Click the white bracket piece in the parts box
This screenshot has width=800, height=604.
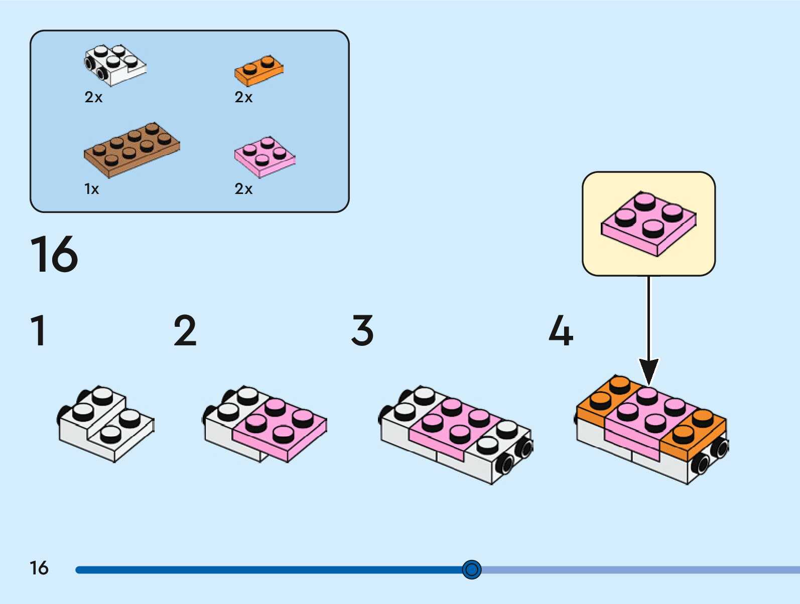click(115, 66)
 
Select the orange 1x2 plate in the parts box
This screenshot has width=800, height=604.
click(259, 71)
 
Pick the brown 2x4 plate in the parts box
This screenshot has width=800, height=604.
click(131, 150)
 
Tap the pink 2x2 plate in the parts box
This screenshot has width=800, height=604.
click(264, 157)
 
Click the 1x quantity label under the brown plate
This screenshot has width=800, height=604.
click(91, 189)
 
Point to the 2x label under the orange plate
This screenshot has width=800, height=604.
click(243, 97)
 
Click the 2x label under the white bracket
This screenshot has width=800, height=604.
click(93, 97)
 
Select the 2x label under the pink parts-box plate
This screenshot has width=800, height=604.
click(243, 189)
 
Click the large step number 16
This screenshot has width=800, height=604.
click(54, 254)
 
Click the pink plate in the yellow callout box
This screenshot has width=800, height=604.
click(648, 224)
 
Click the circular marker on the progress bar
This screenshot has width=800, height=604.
click(472, 569)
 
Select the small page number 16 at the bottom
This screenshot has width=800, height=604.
click(39, 568)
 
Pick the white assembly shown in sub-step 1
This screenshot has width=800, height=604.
click(106, 424)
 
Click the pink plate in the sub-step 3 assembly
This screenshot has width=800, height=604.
click(455, 430)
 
